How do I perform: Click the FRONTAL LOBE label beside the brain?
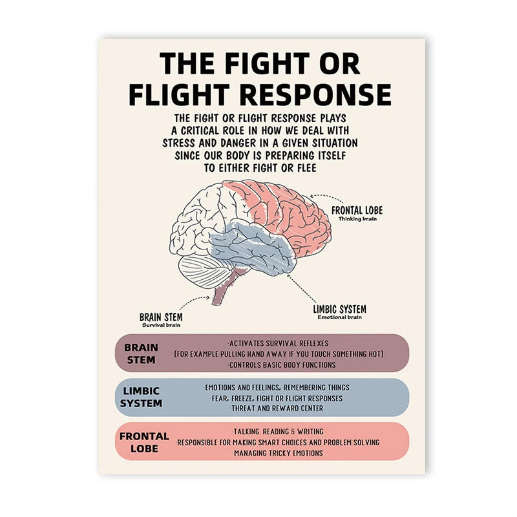(x=357, y=211)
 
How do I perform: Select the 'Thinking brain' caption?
(x=357, y=219)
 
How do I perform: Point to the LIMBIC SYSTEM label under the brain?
(x=339, y=309)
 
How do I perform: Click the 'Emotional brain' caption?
(x=339, y=317)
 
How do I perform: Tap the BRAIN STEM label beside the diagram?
(x=161, y=317)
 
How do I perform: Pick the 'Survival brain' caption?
(x=161, y=324)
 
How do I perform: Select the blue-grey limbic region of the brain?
(x=258, y=249)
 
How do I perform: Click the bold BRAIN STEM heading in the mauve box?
(x=141, y=353)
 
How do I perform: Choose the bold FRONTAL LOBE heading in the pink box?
(x=143, y=442)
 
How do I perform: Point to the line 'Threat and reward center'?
(x=277, y=408)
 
